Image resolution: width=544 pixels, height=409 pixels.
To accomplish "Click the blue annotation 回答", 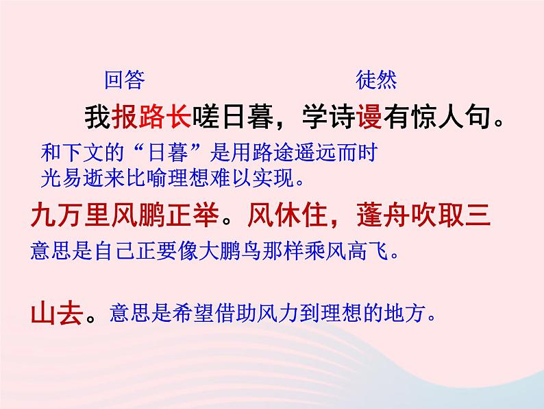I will (x=124, y=81).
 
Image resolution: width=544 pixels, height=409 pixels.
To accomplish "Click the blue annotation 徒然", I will (x=376, y=81).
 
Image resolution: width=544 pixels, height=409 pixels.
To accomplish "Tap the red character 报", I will (x=124, y=117).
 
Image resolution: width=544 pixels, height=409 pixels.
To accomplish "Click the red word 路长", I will (x=165, y=117).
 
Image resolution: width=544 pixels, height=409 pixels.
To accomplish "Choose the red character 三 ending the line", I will (x=477, y=217).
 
